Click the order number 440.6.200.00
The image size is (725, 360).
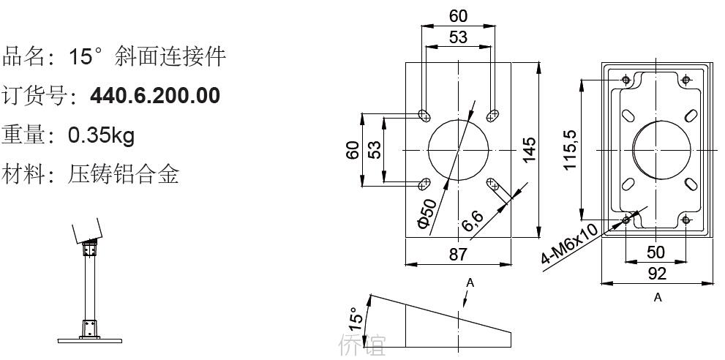(155, 96)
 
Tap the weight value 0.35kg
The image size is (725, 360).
(101, 135)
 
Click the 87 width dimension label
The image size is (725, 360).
(458, 254)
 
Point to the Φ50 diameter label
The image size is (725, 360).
(427, 214)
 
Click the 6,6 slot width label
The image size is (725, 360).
(473, 221)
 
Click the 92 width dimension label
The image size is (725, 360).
(656, 274)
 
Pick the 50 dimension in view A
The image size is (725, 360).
(655, 252)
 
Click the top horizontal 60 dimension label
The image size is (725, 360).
(458, 16)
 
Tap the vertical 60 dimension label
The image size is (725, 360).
(353, 151)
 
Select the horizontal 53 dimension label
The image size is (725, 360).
(458, 37)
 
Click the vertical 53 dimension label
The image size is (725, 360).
(375, 149)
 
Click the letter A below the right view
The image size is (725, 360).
(658, 298)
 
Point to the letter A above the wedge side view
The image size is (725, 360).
(470, 282)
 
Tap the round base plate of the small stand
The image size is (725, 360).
(90, 341)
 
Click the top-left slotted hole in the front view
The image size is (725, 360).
(423, 114)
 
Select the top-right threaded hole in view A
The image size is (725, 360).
(685, 80)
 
